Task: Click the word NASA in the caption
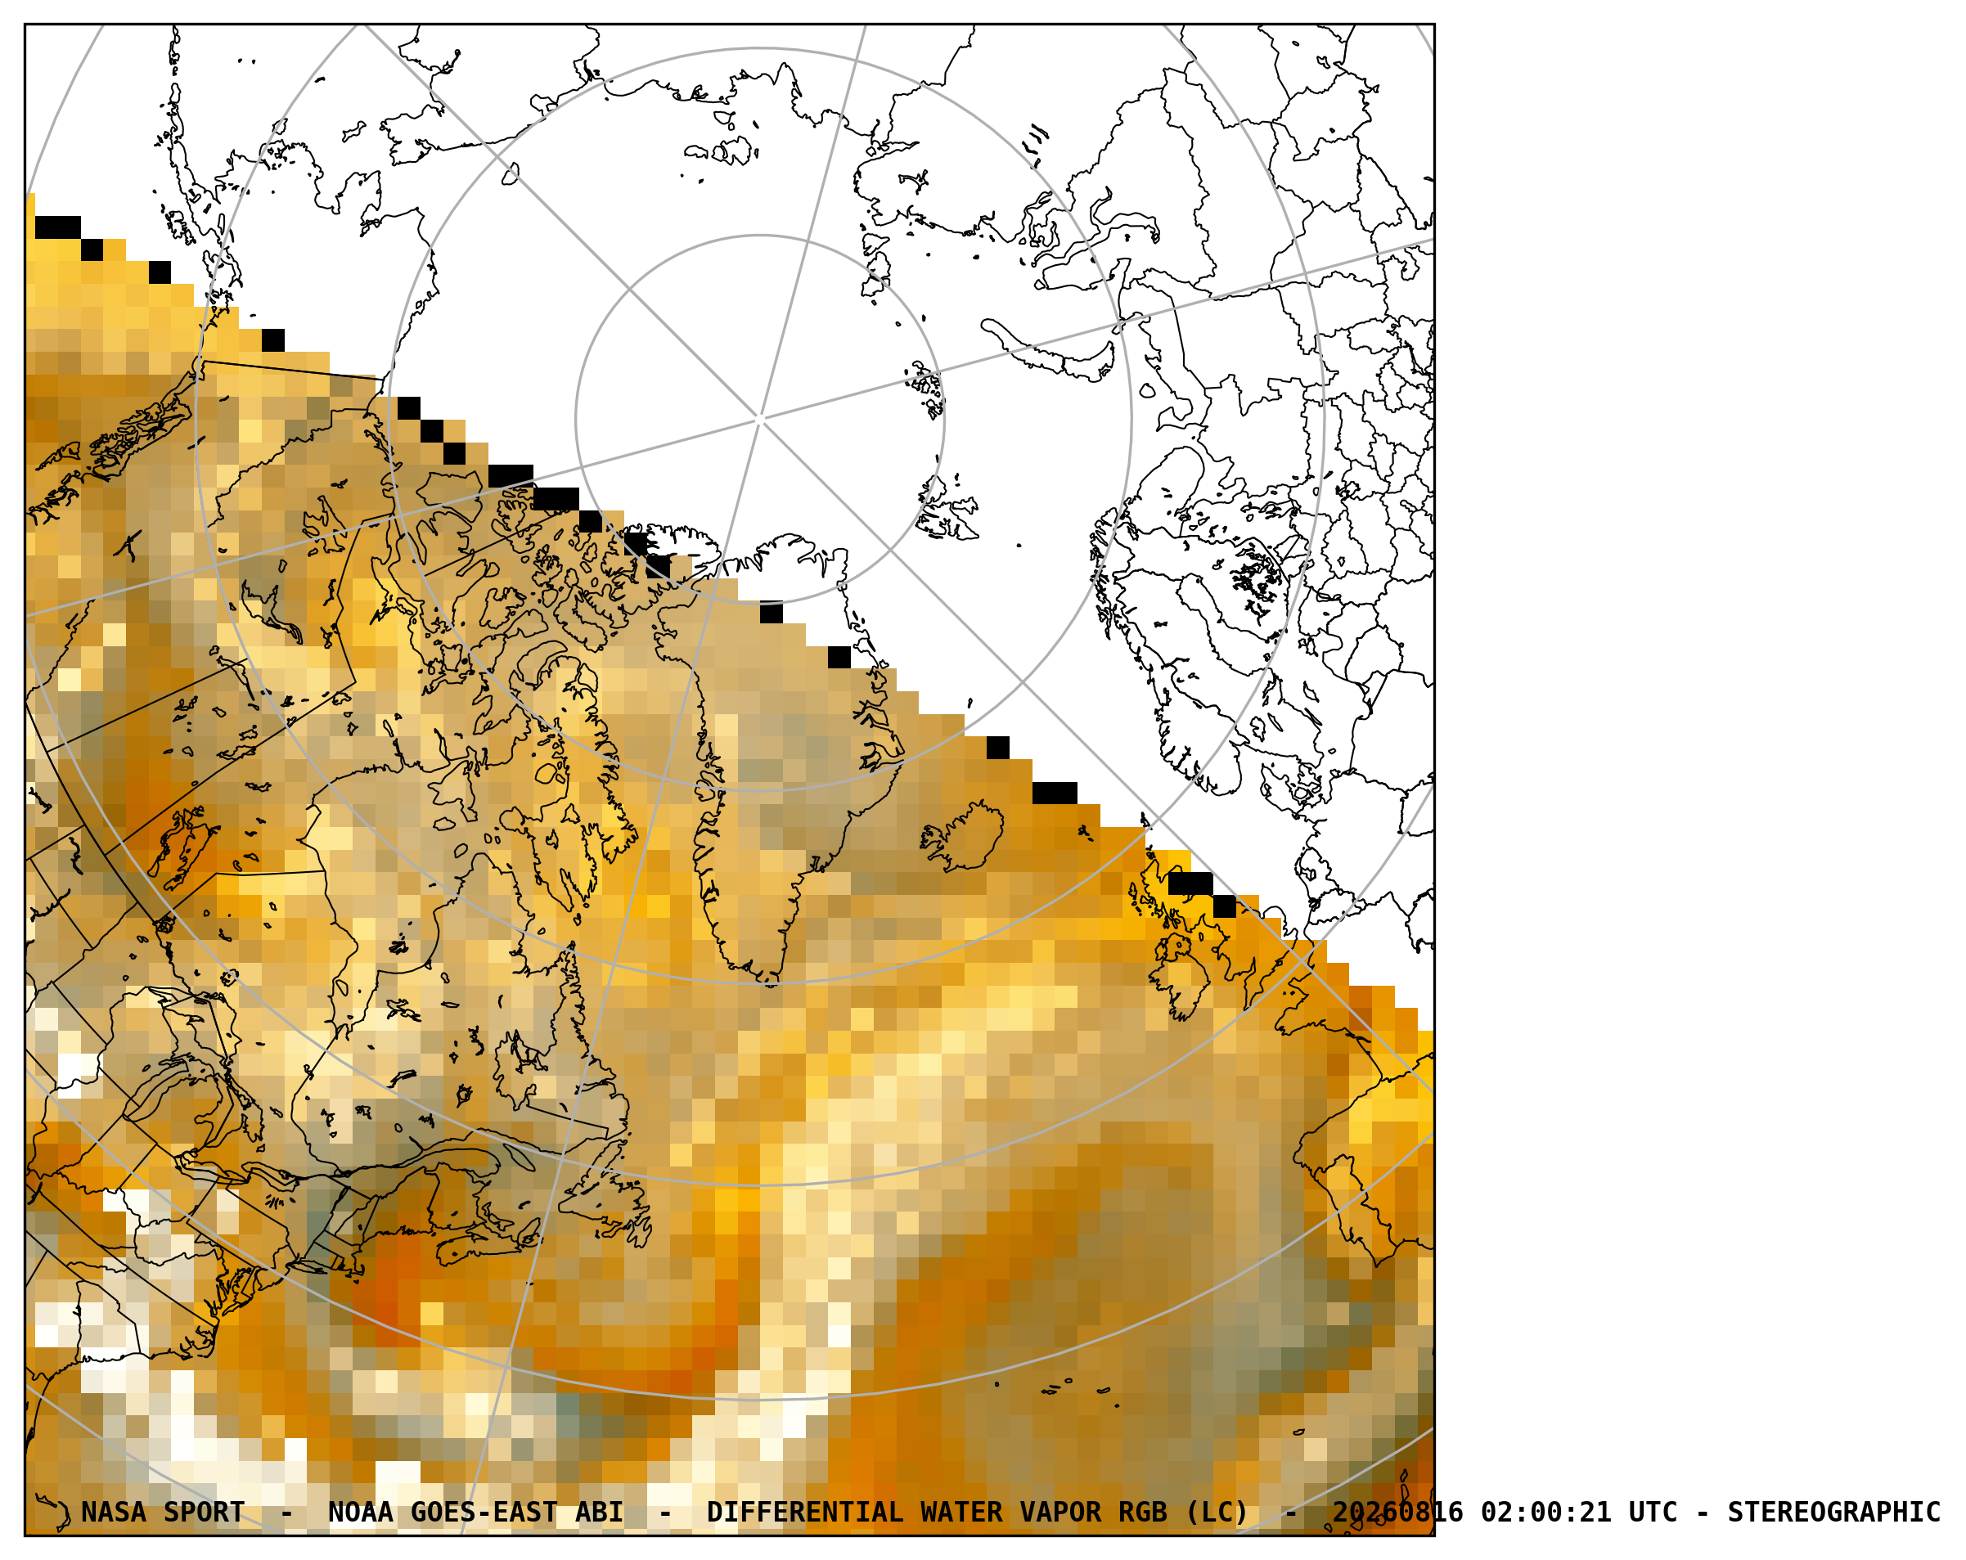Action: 114,1513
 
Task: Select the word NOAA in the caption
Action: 361,1513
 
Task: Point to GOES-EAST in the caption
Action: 484,1513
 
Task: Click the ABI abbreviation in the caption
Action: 599,1513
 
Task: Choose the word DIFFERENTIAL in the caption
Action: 805,1513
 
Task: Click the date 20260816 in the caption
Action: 1398,1513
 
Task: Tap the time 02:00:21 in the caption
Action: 1545,1513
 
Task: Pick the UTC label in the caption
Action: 1653,1513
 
